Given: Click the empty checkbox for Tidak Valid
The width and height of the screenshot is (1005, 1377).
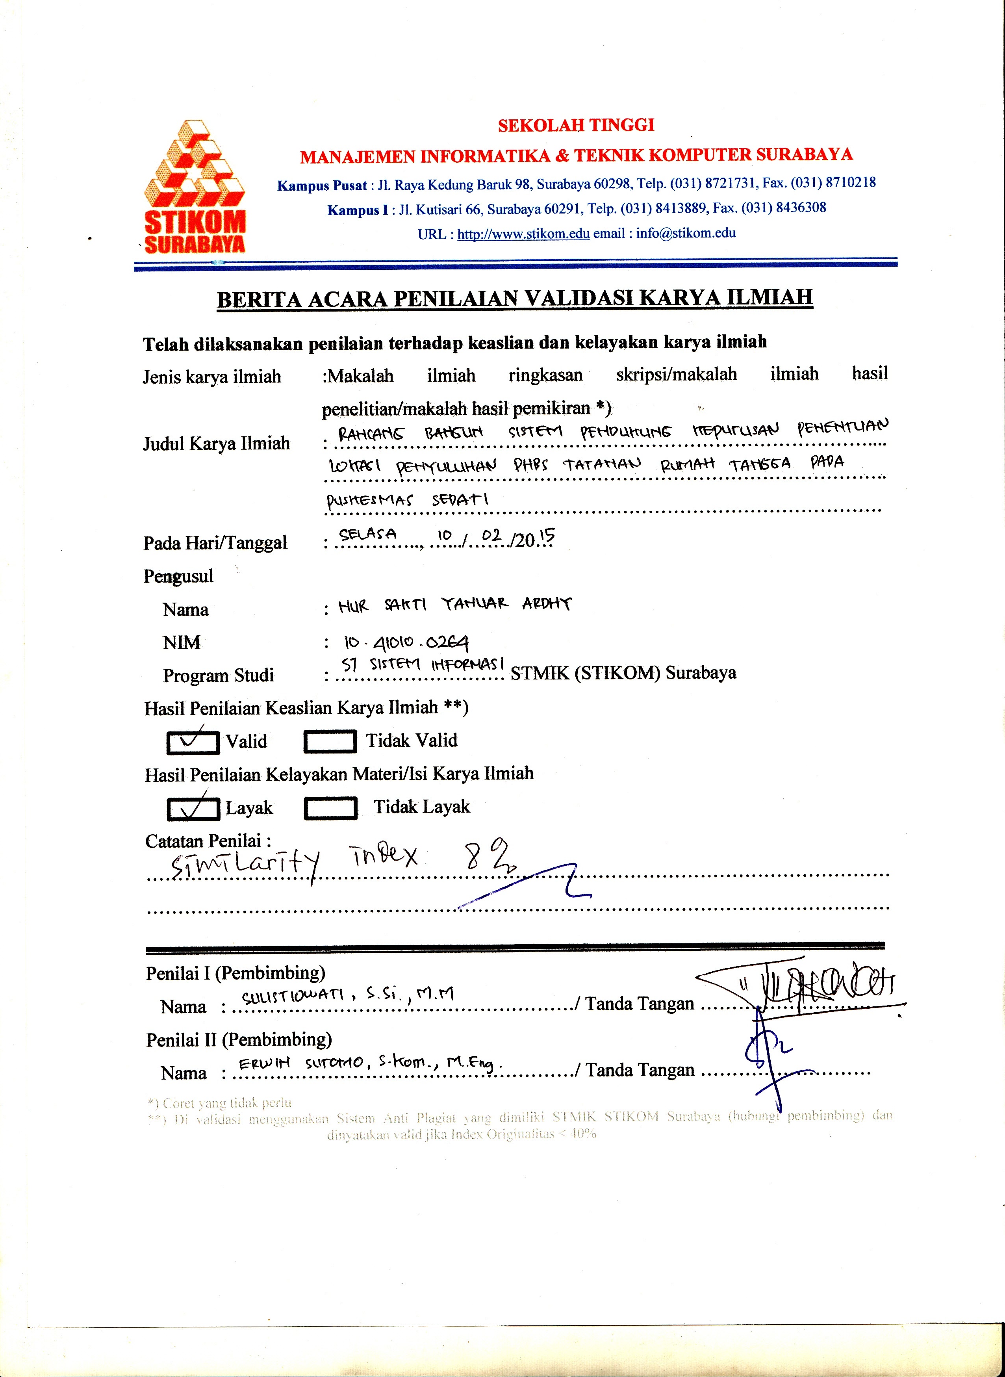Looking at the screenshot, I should click(330, 741).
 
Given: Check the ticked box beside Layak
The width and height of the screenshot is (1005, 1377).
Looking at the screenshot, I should click(193, 808).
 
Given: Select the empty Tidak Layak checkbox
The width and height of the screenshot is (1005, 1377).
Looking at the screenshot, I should click(330, 808).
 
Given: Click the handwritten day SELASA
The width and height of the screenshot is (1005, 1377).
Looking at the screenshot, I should click(367, 534).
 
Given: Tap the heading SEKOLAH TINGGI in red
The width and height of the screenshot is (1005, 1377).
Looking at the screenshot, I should click(575, 125).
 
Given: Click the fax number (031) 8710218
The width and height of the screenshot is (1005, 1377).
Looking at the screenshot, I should click(833, 182).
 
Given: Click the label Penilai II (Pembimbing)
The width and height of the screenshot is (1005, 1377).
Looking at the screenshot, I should click(239, 1040).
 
